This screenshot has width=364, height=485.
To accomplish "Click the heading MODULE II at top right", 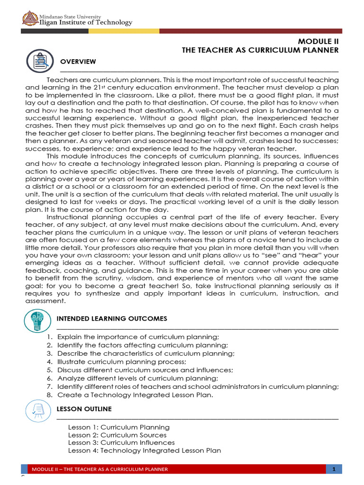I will [x=318, y=41].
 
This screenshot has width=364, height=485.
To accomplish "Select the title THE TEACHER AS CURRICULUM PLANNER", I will [x=260, y=50].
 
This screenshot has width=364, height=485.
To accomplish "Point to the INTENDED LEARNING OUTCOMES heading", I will [x=112, y=319].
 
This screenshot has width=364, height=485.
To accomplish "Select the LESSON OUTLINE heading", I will [x=84, y=409].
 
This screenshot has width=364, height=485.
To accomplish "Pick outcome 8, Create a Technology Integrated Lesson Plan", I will [x=135, y=395].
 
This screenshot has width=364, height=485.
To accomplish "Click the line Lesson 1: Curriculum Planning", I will [x=118, y=427].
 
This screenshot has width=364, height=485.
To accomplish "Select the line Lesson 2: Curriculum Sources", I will [x=117, y=435].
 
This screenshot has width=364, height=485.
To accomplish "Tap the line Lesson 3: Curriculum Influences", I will [x=121, y=442].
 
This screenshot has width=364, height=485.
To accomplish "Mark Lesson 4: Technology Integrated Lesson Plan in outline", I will [x=144, y=450].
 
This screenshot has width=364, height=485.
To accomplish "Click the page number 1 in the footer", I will [x=334, y=469].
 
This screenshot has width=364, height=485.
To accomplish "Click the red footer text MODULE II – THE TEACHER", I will [x=100, y=469].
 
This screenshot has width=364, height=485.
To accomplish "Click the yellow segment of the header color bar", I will [x=123, y=31].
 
